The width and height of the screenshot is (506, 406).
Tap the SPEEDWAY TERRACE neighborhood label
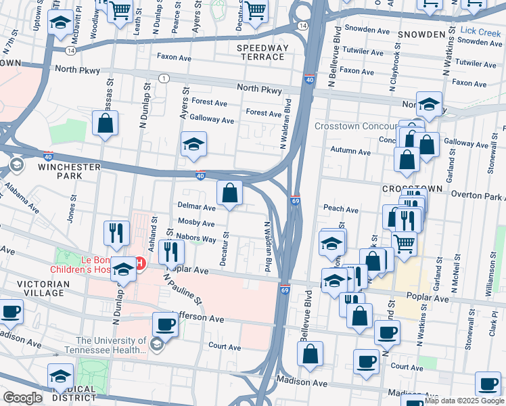(262, 53)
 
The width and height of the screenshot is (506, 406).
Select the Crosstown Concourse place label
(356, 126)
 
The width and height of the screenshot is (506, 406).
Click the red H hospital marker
(141, 263)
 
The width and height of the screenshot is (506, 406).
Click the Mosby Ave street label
(196, 223)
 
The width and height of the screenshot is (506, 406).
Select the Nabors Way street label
(196, 239)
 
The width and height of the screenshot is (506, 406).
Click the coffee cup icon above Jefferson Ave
(165, 323)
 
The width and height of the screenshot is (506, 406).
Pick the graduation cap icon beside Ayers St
(193, 144)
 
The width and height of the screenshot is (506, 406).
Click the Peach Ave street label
(341, 210)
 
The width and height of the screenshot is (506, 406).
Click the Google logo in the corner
(22, 398)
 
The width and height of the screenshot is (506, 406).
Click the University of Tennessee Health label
(110, 345)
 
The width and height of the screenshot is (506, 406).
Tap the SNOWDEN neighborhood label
(421, 34)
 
